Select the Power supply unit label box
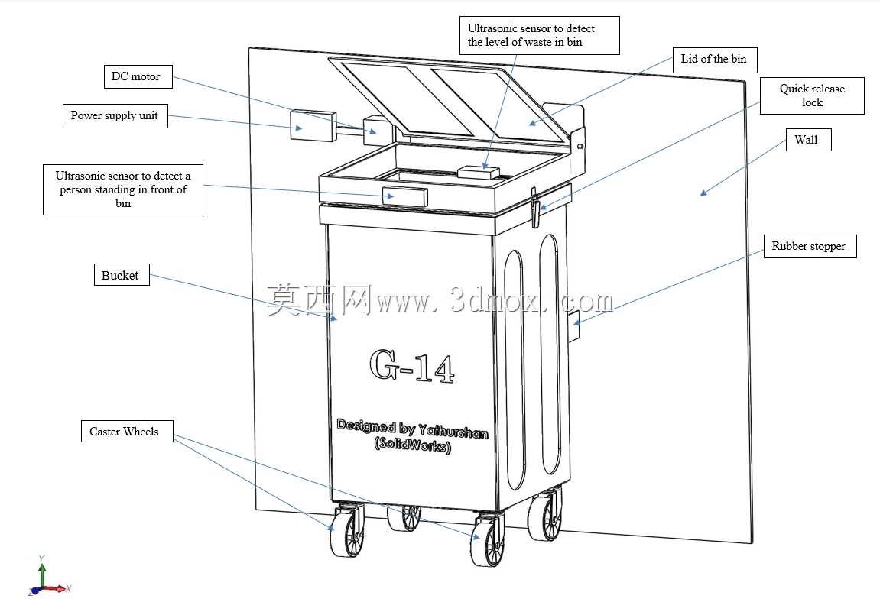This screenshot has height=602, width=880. pos(115,115)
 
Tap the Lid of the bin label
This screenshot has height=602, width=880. pos(715,60)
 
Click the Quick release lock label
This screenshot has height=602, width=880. pos(812,95)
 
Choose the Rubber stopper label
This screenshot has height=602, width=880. pos(810,246)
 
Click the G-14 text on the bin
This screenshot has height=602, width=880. pos(411,366)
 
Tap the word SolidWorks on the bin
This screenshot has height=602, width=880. pos(413,445)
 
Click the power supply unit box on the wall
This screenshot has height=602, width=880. pos(313,125)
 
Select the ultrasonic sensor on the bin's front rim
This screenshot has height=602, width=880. pos(404,196)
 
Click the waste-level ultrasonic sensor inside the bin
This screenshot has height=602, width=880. pos(479,172)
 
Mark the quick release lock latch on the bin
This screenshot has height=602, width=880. pos(535,207)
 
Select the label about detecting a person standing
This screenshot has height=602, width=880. pos(123,189)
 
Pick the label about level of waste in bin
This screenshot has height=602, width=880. pos(539,35)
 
